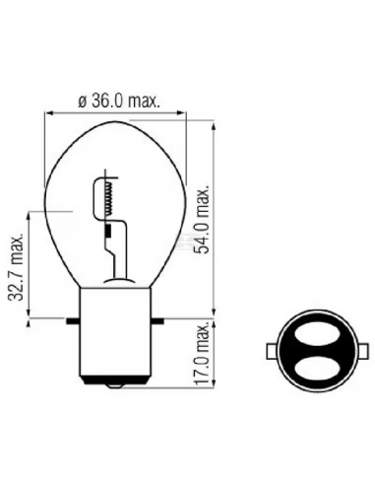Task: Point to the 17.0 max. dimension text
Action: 203,360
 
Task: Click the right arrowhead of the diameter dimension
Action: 195,113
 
